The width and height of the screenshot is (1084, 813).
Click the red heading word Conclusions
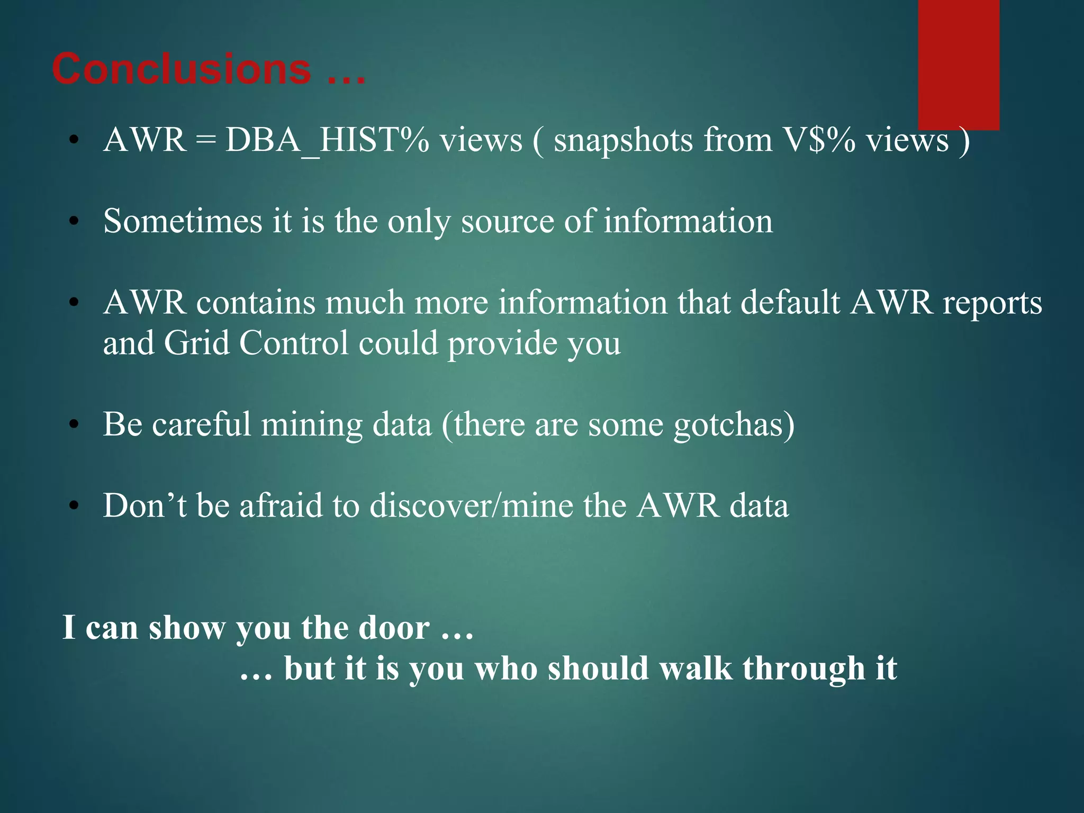coord(182,69)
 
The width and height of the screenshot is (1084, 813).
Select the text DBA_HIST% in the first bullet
coord(327,141)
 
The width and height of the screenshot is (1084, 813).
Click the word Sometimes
coord(183,221)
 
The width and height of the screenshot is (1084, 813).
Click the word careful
coord(202,424)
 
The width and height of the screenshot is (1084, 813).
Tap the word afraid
coord(281,506)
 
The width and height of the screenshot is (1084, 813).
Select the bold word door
coord(394,628)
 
